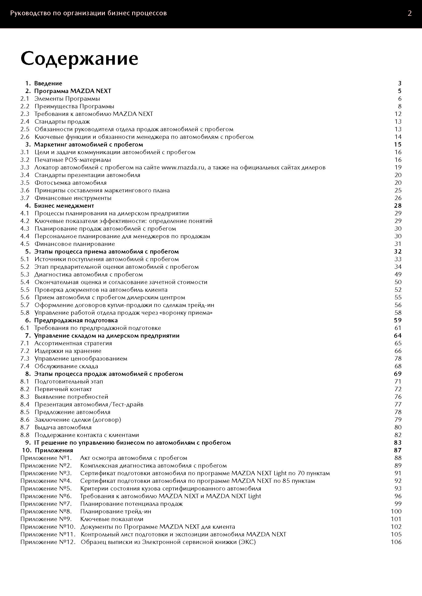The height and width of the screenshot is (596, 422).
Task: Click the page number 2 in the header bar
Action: (409, 14)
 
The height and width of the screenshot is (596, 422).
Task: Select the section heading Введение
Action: (48, 83)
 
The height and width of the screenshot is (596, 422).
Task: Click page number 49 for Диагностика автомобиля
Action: (398, 274)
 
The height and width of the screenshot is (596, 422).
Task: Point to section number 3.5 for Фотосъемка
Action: (25, 183)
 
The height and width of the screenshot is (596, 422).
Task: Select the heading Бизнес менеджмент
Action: (64, 206)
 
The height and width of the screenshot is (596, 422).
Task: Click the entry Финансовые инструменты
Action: (73, 198)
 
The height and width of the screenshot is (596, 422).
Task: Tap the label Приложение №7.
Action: (46, 504)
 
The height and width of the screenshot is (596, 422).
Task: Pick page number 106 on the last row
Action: (396, 542)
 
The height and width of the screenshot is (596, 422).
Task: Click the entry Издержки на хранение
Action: (68, 351)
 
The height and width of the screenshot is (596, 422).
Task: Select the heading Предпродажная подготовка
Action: (76, 320)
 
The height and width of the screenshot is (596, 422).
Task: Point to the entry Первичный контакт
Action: (63, 389)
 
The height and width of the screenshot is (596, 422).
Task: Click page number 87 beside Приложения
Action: (398, 450)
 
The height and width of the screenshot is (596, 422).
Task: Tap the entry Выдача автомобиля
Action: (63, 427)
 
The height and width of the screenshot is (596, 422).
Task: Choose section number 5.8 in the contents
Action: (25, 313)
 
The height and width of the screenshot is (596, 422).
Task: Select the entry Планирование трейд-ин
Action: (116, 511)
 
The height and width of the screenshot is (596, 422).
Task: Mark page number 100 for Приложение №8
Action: (396, 511)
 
